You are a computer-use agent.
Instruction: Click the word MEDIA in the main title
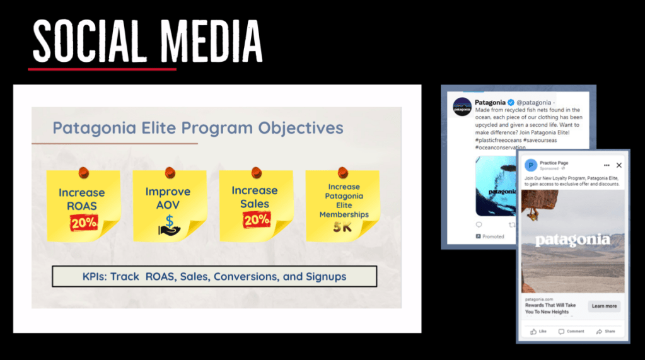click(x=208, y=41)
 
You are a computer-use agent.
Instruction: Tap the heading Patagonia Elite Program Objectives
click(x=197, y=128)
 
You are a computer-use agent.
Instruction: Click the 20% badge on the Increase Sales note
click(x=255, y=219)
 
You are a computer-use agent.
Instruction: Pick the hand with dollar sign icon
click(x=168, y=225)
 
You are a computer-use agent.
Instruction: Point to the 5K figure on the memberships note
click(x=343, y=227)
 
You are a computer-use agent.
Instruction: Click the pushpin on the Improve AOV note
click(x=169, y=172)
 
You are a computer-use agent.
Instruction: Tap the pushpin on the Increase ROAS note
click(x=83, y=172)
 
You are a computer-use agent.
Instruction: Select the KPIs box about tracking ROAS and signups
click(x=214, y=276)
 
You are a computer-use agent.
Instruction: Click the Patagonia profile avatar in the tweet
click(x=462, y=107)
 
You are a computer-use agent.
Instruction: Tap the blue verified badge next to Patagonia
click(x=511, y=102)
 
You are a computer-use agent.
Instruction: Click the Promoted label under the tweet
click(x=492, y=236)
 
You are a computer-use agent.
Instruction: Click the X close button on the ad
click(x=619, y=165)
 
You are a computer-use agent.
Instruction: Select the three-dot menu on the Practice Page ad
click(x=607, y=165)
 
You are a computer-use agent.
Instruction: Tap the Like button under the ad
click(x=538, y=331)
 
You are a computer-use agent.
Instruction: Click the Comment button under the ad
click(x=571, y=331)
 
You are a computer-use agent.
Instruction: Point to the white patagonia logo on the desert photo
click(x=572, y=240)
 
